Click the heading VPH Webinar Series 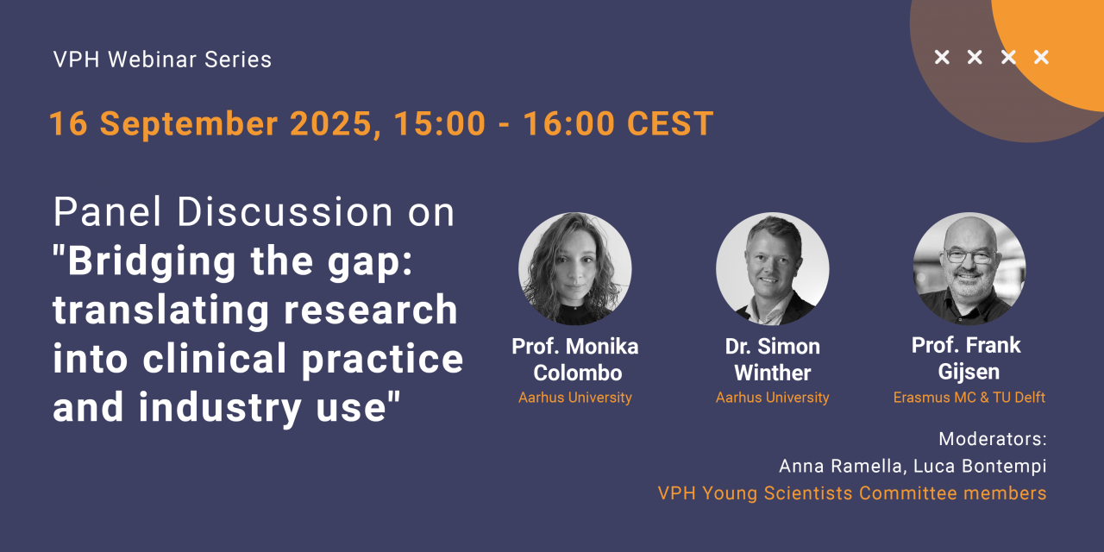(x=162, y=60)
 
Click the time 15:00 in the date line (x=440, y=123)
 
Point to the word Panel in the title (x=108, y=211)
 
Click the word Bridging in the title (x=152, y=262)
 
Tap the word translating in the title (x=161, y=310)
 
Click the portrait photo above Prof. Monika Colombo (x=574, y=268)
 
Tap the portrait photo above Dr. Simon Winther (x=772, y=268)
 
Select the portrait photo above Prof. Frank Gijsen (x=969, y=268)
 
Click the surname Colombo (x=578, y=373)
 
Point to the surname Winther (x=772, y=373)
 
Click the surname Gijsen (x=969, y=372)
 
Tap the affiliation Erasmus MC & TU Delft (x=969, y=398)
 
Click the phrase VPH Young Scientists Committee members (x=852, y=492)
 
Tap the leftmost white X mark (x=942, y=57)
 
